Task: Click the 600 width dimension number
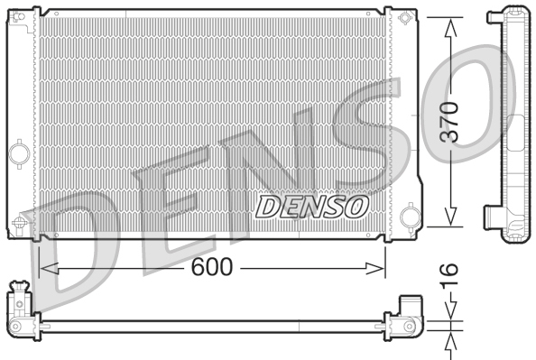click(212, 266)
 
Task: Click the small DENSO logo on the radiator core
click(312, 207)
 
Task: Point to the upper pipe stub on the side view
click(494, 15)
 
